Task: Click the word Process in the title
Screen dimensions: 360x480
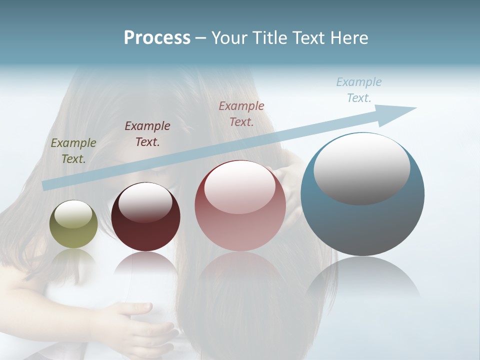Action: (157, 38)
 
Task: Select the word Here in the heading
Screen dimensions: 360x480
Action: (349, 38)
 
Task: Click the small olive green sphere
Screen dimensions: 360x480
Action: (73, 224)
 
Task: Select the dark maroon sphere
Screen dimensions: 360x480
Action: (145, 217)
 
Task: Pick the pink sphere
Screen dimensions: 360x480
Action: (240, 206)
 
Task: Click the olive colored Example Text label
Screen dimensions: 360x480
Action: (73, 150)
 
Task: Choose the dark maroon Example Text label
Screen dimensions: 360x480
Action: (147, 133)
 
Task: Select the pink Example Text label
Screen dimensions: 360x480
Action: (241, 113)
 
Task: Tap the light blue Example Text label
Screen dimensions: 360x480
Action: (359, 90)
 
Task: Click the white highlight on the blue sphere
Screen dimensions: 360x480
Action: (361, 167)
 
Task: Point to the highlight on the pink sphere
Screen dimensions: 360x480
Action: (239, 186)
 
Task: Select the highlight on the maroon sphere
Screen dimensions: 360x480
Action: (145, 202)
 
